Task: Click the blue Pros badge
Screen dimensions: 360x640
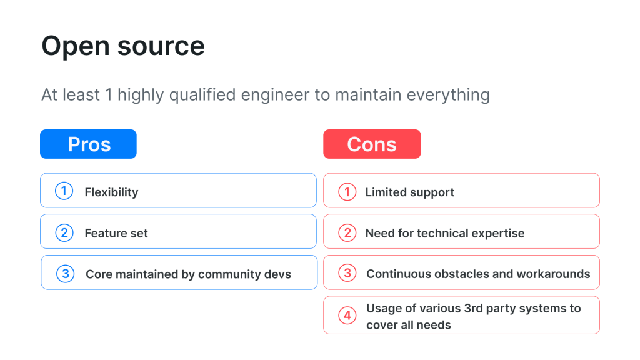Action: (88, 144)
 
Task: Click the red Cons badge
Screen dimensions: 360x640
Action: (372, 144)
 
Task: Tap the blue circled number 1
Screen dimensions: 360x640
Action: (64, 191)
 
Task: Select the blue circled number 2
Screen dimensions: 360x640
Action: (64, 232)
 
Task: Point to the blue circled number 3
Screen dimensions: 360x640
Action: (65, 274)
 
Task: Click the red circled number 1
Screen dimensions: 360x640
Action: (347, 191)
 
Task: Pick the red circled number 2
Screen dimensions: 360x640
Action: (347, 232)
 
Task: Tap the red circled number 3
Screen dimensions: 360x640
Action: (348, 274)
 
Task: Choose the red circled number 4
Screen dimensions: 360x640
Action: (347, 316)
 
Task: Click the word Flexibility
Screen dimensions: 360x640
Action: (111, 192)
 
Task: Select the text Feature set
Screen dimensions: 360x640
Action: (116, 234)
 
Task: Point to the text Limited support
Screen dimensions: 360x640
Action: (409, 192)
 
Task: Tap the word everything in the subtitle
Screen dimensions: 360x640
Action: (448, 95)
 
